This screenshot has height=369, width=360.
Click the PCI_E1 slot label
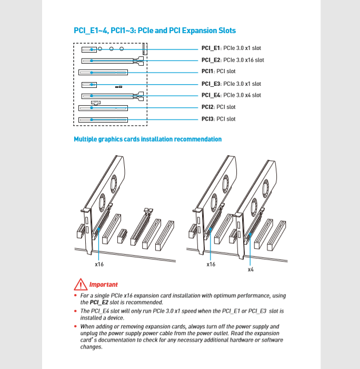(212, 48)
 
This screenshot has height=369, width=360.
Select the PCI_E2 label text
(212, 60)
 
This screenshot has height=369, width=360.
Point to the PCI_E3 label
(212, 84)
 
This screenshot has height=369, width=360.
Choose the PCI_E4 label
(212, 95)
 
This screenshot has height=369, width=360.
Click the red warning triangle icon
(80, 285)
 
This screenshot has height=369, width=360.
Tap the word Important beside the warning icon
(103, 285)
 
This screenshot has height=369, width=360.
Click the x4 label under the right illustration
(251, 269)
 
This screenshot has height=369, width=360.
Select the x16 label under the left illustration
(99, 264)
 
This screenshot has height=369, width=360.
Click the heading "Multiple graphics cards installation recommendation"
(147, 139)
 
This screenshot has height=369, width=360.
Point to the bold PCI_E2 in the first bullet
(99, 303)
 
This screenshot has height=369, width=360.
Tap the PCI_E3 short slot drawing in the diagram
(89, 84)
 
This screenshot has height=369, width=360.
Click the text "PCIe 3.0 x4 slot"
(242, 95)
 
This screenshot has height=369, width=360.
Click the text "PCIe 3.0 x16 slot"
(244, 60)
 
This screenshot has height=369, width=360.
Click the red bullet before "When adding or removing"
(75, 327)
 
